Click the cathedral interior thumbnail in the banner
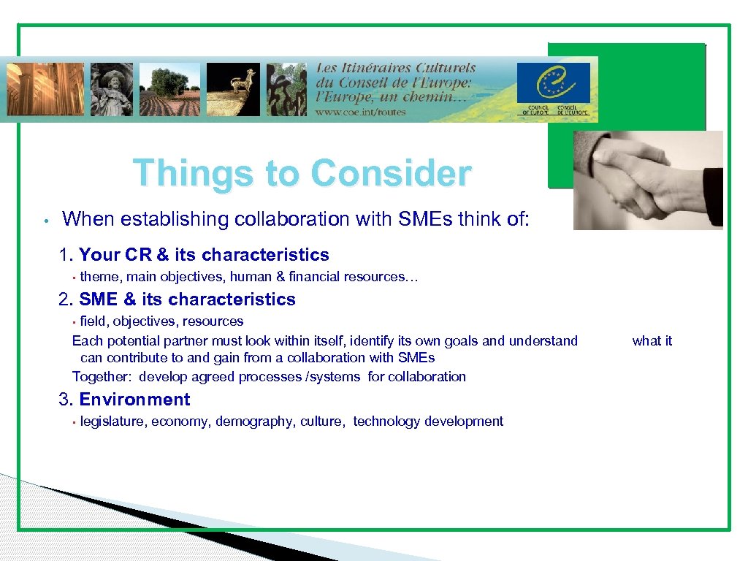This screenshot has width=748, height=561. (45, 89)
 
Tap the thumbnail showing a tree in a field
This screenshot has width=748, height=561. (169, 89)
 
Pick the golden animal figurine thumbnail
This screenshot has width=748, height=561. (233, 89)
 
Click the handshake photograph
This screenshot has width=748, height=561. (648, 180)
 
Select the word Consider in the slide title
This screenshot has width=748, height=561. (391, 174)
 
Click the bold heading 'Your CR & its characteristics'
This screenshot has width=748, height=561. (204, 255)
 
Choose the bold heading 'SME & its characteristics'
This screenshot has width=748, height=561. (187, 299)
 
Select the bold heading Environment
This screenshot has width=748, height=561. (134, 400)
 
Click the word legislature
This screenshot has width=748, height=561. (112, 421)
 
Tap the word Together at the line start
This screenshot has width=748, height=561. (101, 377)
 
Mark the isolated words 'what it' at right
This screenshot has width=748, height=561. (652, 341)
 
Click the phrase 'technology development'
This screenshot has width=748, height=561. (428, 421)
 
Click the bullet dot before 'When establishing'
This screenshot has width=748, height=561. (45, 220)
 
